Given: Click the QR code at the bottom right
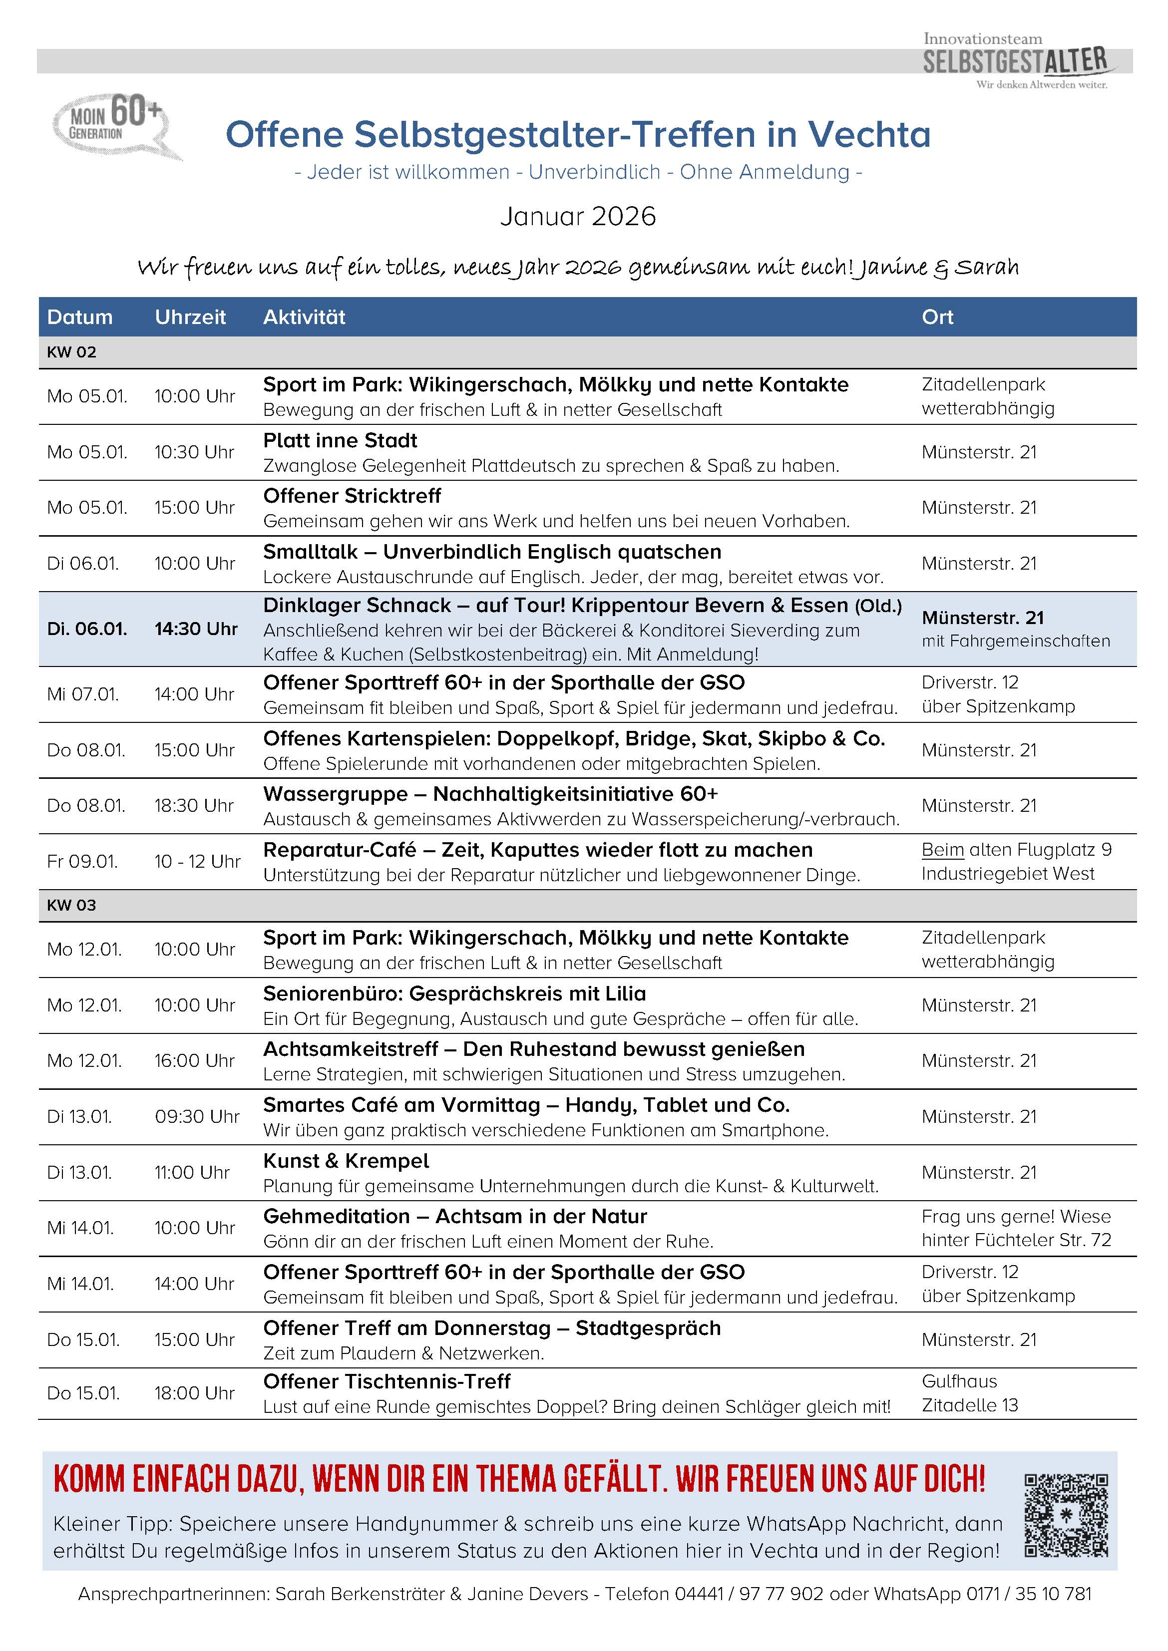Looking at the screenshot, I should (1066, 1515).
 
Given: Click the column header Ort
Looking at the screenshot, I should (937, 317).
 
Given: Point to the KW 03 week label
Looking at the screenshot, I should (71, 905).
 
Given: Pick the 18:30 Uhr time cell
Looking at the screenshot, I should (194, 805).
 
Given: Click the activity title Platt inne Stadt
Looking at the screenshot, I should (340, 440).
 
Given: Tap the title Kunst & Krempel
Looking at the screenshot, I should (346, 1161).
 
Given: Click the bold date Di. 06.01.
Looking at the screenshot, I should (87, 629).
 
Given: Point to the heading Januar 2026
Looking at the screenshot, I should (578, 217).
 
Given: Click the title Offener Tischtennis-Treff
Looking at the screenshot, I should (387, 1381).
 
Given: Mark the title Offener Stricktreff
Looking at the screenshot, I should (352, 495).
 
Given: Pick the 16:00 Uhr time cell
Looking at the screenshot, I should (194, 1060).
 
